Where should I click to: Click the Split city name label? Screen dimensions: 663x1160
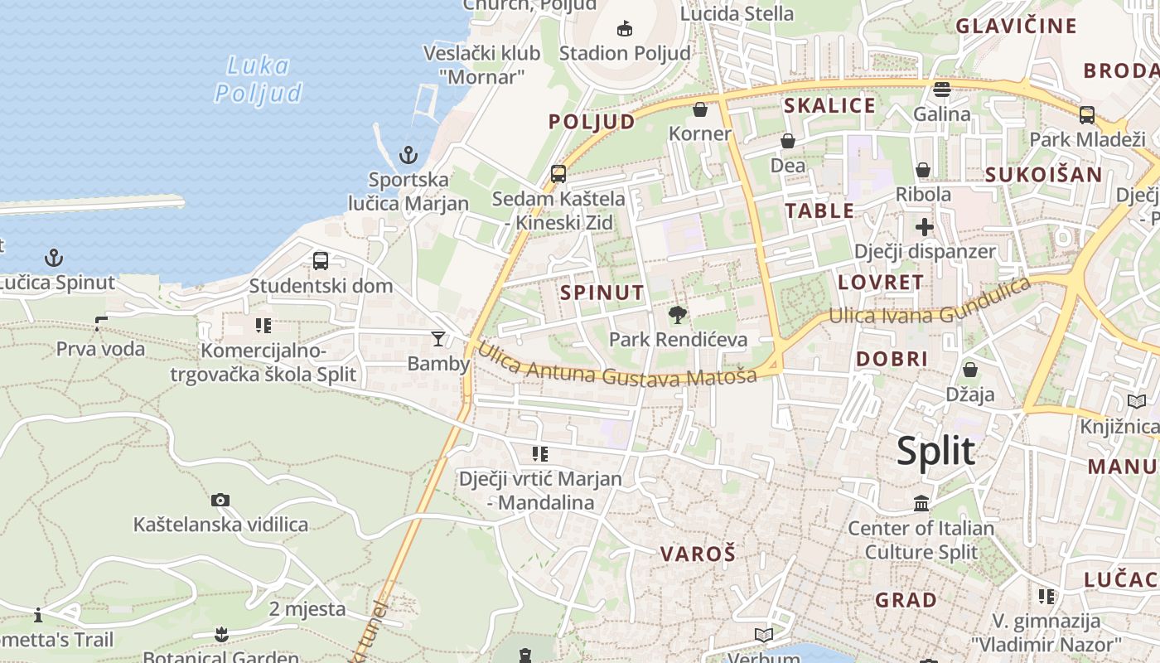point(936,452)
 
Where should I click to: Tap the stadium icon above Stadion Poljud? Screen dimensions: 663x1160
point(625,29)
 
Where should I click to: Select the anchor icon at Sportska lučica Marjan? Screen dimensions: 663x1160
point(408,155)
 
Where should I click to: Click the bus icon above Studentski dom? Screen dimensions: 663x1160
point(321,261)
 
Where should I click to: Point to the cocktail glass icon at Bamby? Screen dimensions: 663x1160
point(437,338)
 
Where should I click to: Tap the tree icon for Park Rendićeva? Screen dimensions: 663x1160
point(678,315)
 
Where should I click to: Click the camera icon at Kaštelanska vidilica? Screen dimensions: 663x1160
point(220,500)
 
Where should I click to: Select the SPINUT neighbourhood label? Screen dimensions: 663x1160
point(602,293)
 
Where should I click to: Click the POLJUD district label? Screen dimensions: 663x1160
point(592,123)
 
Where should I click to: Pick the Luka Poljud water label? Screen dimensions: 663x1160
point(258,80)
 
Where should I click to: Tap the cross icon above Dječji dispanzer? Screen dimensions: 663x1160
point(925,227)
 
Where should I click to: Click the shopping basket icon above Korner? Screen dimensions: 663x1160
point(700,109)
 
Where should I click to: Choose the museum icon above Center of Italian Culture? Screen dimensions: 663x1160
point(921,503)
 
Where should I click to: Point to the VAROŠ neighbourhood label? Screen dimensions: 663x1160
point(698,554)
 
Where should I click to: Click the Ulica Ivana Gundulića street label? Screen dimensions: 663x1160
point(930,304)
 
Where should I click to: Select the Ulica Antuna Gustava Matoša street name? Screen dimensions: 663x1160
point(616,366)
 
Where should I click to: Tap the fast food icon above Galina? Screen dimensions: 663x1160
point(941,90)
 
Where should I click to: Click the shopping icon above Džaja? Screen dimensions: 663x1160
point(969,370)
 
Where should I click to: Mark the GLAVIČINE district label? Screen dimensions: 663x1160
point(1016,26)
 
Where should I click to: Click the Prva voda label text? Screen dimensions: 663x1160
point(100,349)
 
